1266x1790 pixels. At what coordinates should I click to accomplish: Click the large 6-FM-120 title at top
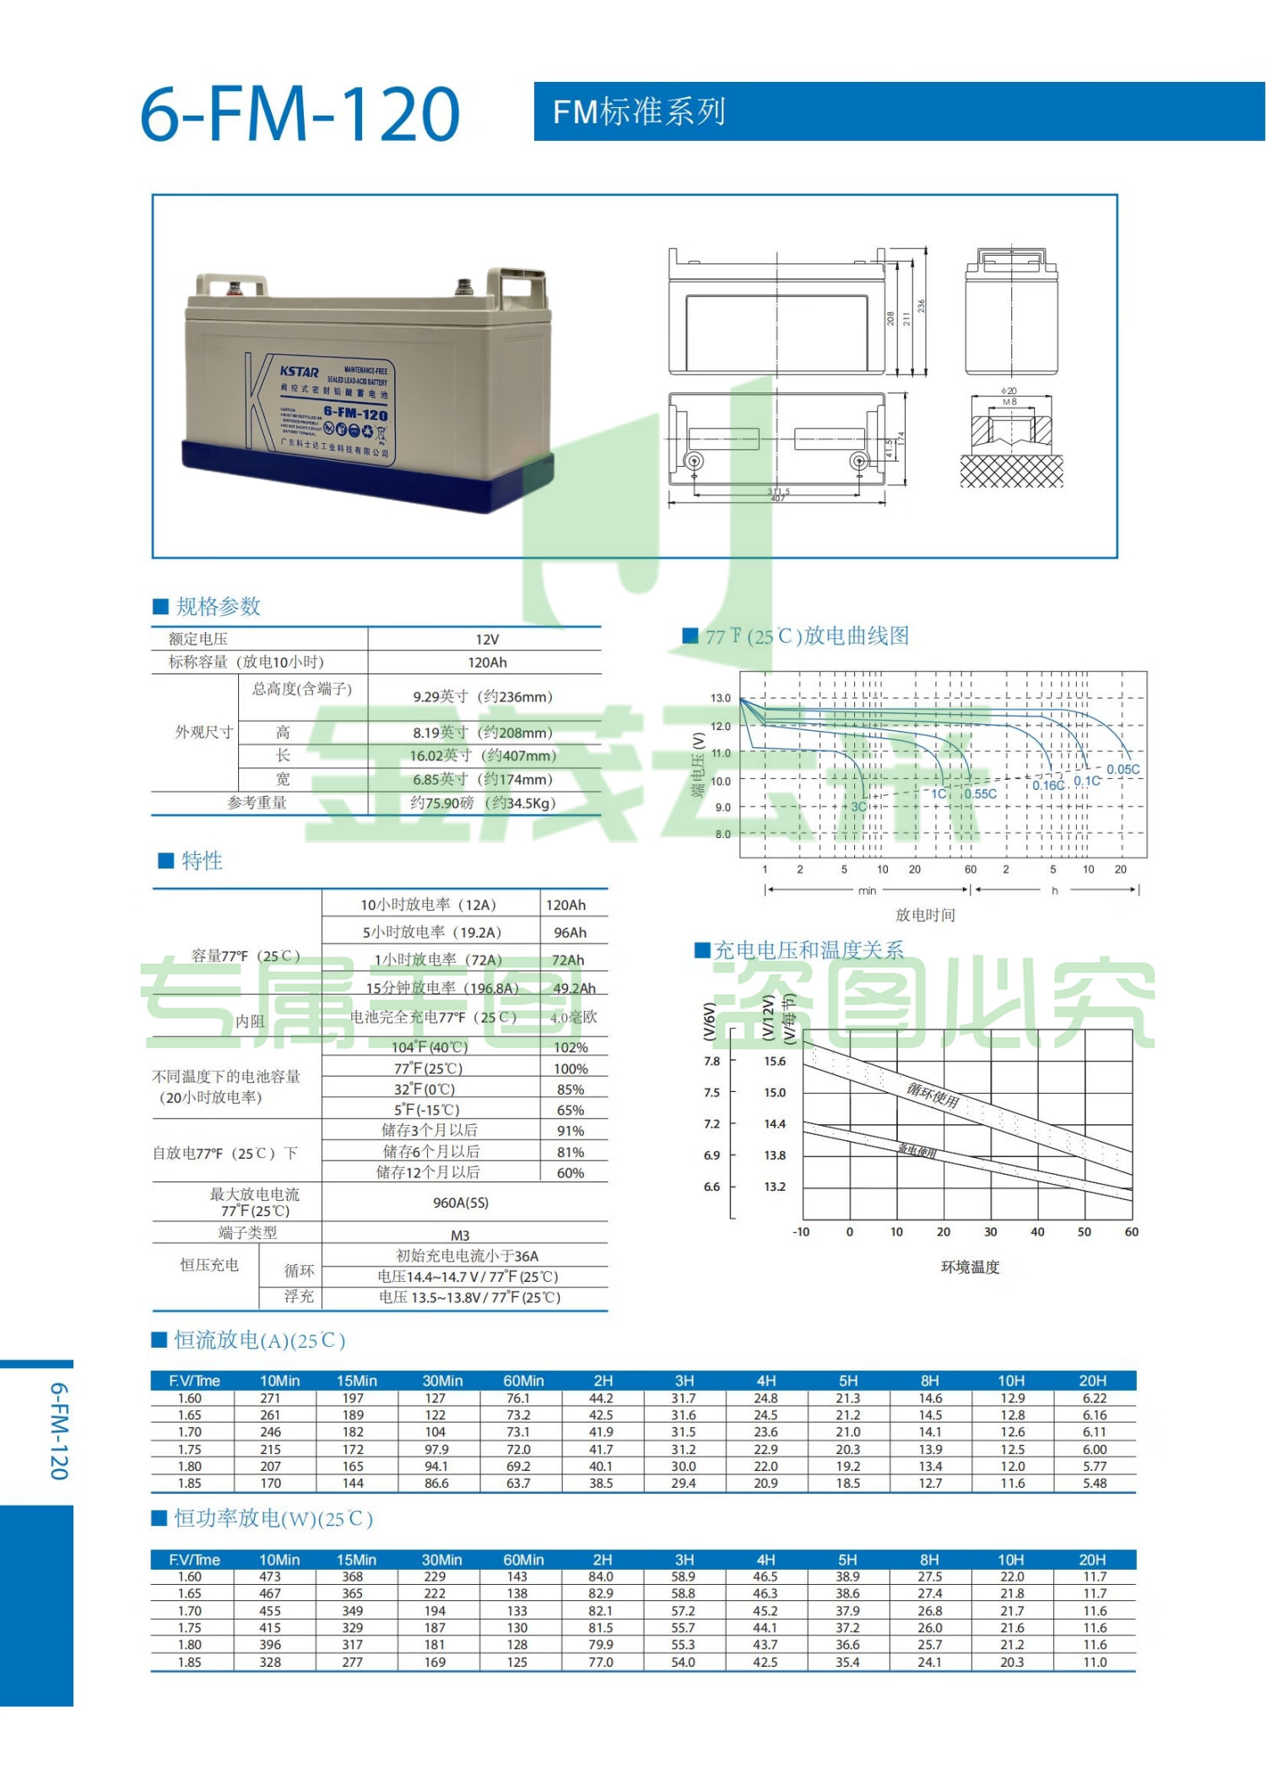[300, 114]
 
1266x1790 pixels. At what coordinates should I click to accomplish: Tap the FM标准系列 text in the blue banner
[639, 111]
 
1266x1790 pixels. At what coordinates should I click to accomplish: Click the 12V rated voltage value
[487, 640]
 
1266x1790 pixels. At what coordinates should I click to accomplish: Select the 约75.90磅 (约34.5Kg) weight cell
[483, 803]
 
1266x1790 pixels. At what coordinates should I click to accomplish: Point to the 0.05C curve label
[1123, 770]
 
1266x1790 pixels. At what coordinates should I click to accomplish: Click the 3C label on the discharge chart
[858, 807]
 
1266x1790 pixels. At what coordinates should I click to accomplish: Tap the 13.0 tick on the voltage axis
[720, 698]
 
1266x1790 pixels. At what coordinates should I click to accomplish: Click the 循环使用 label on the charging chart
[933, 1095]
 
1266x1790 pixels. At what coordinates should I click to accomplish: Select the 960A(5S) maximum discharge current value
[461, 1203]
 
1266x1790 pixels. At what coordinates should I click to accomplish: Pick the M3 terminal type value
[460, 1235]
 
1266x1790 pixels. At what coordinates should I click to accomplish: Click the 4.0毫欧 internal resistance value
[573, 1018]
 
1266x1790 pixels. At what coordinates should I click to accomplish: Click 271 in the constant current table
[270, 1398]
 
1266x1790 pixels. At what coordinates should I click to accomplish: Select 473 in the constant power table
[270, 1576]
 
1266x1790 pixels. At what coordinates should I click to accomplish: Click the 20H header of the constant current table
[1093, 1381]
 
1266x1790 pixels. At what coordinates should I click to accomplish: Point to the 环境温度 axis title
[970, 1267]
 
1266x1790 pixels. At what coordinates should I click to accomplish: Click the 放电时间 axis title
[925, 915]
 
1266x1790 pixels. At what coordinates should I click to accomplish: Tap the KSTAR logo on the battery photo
[299, 371]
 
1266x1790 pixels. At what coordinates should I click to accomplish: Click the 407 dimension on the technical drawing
[777, 499]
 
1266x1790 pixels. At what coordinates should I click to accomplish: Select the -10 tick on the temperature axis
[801, 1232]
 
